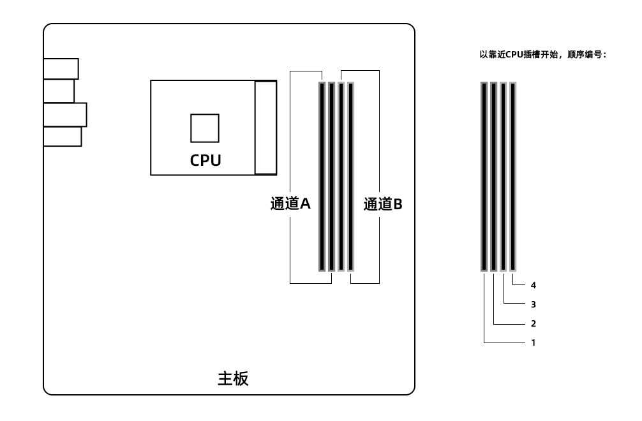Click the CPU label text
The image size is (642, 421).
click(x=205, y=160)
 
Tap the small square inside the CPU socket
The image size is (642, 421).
click(x=205, y=128)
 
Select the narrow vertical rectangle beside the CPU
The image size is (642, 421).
click(x=265, y=128)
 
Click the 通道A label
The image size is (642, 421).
click(x=290, y=203)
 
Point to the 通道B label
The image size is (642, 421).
click(x=383, y=203)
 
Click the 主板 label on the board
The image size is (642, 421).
click(x=233, y=378)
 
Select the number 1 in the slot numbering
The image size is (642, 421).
click(x=533, y=343)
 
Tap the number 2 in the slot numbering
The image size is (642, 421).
click(x=533, y=323)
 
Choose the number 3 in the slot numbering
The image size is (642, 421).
click(x=533, y=304)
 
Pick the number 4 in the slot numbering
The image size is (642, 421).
click(x=533, y=285)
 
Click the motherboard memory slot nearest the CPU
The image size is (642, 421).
click(x=322, y=176)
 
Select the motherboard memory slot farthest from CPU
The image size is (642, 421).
click(x=350, y=176)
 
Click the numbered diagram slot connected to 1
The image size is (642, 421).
click(x=484, y=176)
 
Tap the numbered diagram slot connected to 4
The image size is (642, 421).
click(x=512, y=176)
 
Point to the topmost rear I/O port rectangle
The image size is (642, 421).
click(x=61, y=69)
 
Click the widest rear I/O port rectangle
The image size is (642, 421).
click(x=65, y=115)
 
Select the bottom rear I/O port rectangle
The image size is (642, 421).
click(x=63, y=137)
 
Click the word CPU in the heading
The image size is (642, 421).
click(x=514, y=54)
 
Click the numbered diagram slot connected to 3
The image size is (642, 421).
click(x=504, y=176)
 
